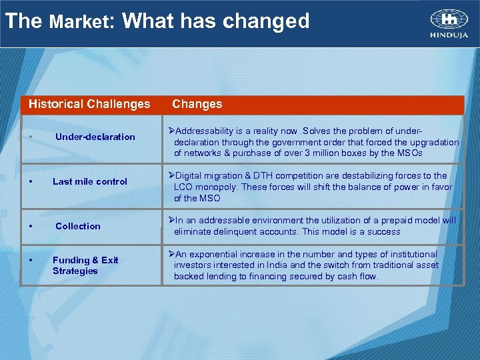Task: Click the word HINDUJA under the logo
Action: coord(449,36)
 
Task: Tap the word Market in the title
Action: coord(77,22)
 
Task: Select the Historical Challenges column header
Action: coord(89,104)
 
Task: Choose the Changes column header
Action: coord(197,104)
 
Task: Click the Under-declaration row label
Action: coord(95,137)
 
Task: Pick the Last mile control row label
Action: coord(89,181)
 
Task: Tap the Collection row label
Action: coord(77,227)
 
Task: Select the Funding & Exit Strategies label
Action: coord(85,265)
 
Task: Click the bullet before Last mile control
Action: coord(31,181)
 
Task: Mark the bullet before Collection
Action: coord(31,227)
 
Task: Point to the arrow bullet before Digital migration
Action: coord(171,176)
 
